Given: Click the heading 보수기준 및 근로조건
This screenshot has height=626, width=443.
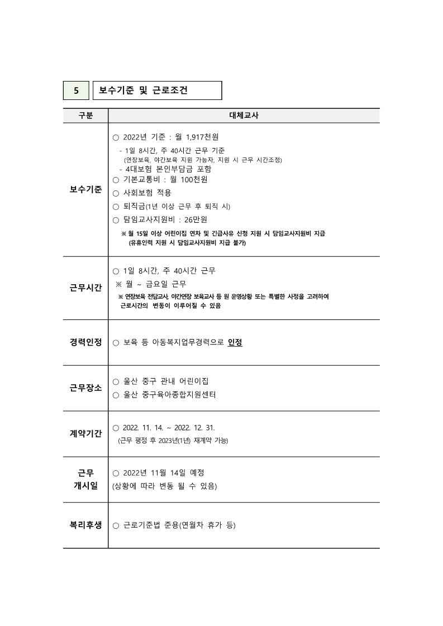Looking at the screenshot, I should [143, 90].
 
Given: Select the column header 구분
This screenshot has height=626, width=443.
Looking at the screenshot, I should [85, 116].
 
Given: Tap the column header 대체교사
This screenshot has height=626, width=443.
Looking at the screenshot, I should [244, 116].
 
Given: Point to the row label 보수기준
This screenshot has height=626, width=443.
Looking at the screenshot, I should [85, 189].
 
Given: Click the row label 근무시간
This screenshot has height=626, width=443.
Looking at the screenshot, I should [85, 288].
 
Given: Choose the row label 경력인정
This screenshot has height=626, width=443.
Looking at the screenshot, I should [85, 342].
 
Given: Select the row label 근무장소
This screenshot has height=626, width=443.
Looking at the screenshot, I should [85, 388].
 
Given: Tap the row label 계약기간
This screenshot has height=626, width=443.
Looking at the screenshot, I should [85, 434].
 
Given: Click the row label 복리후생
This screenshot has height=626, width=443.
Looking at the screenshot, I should [85, 525].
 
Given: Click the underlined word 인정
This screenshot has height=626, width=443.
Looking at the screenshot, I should [235, 342].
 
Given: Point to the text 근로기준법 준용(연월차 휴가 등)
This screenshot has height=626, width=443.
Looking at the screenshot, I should [179, 525].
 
